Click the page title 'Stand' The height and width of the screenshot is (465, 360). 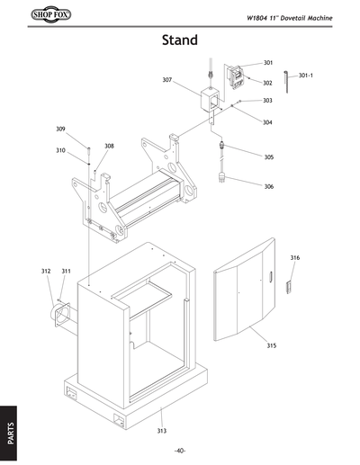(x=180, y=40)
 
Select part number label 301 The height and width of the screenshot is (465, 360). (x=268, y=63)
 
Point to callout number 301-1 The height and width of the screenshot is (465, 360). (x=305, y=75)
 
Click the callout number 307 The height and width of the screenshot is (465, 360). (x=167, y=80)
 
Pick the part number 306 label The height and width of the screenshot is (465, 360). (x=268, y=186)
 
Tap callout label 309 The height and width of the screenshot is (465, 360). (x=60, y=129)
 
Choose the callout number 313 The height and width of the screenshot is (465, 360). (x=161, y=431)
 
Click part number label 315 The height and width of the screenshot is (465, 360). (x=271, y=345)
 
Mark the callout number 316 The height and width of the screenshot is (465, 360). (x=294, y=258)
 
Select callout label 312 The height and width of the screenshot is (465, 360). (x=45, y=271)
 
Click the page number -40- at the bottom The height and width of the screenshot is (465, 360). (x=180, y=450)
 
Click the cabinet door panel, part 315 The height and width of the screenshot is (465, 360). (x=243, y=288)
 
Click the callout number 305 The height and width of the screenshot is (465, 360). (x=268, y=156)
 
